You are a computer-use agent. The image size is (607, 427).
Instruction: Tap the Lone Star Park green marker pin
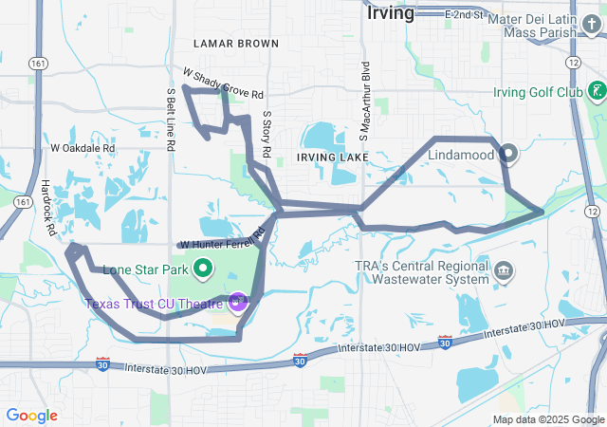point(202,269)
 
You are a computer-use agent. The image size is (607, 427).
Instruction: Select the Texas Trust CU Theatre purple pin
point(237,303)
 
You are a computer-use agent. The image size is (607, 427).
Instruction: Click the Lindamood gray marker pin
point(507,153)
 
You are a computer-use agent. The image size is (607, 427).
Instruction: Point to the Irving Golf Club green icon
point(596,92)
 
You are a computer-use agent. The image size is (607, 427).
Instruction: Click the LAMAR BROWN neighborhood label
point(235,44)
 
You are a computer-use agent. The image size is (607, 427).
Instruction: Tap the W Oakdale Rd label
point(83,148)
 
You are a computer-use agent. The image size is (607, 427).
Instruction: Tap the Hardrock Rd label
point(49,208)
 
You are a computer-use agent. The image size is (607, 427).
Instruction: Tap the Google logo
point(31,415)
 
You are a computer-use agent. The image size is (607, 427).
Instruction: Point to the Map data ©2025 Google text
point(547,419)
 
